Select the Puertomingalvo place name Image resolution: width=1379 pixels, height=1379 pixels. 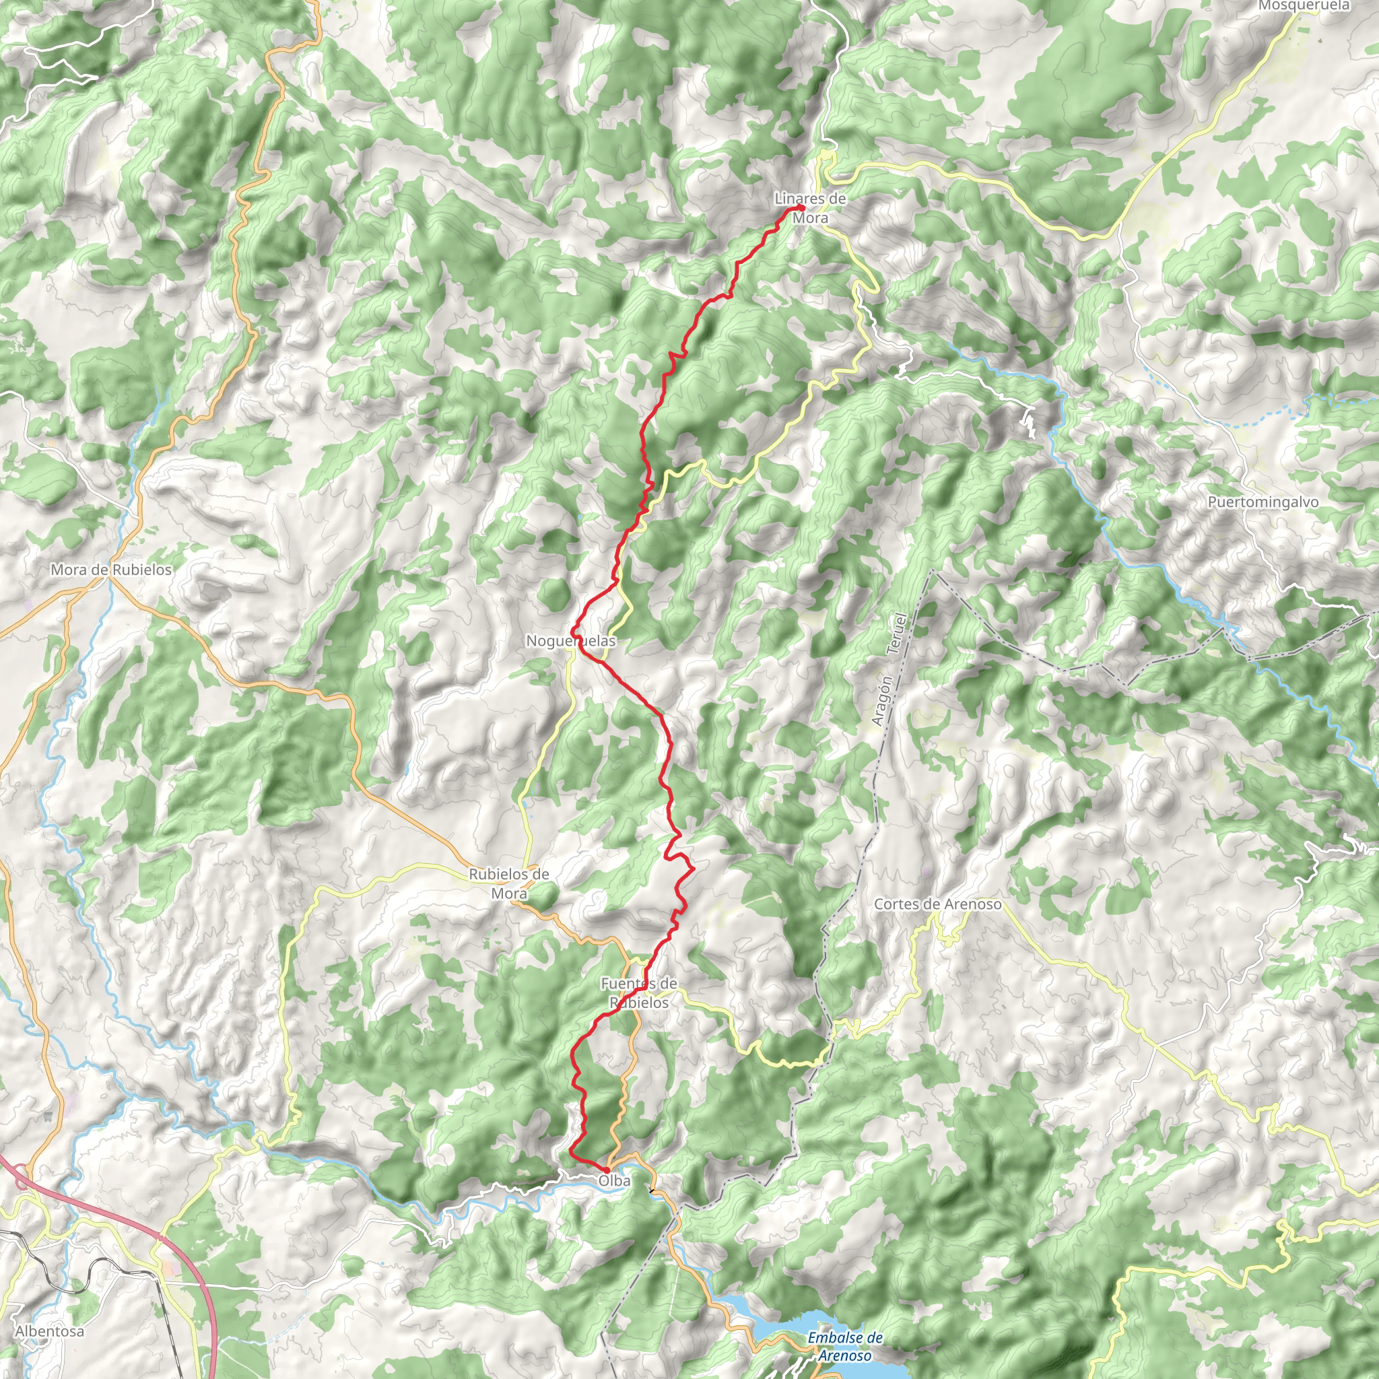point(1263,502)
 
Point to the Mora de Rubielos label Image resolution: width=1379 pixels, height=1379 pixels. point(111,570)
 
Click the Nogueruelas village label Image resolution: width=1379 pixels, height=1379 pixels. point(570,641)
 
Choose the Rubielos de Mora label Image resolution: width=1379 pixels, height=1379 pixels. point(509,883)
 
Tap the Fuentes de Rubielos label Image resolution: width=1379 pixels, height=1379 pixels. point(639,993)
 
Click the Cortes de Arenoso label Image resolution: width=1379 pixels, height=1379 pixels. point(937,904)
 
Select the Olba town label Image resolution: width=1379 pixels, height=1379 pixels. point(615,1181)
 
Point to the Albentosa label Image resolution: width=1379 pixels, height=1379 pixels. point(49,1331)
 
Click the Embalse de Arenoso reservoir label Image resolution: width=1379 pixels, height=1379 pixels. point(845,1346)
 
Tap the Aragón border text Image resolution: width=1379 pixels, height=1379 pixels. point(882,701)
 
